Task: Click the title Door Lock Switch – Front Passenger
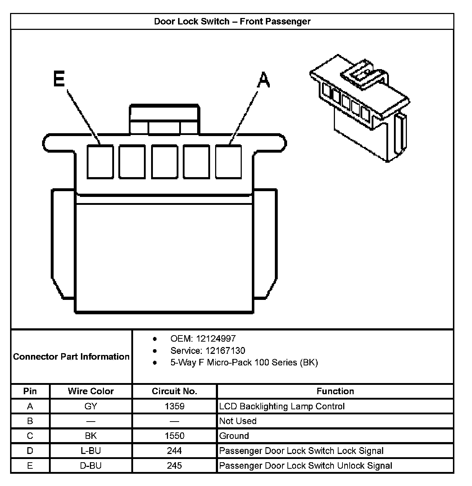(232, 22)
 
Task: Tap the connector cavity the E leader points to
(100, 161)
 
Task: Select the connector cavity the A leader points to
(228, 161)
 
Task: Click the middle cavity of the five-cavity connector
(164, 161)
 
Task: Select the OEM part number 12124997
(215, 339)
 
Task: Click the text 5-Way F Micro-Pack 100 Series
(244, 363)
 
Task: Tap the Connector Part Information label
(71, 357)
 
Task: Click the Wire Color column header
(91, 391)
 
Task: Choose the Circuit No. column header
(174, 391)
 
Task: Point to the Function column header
(335, 391)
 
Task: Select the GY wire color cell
(91, 406)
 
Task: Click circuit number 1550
(174, 436)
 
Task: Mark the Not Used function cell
(238, 421)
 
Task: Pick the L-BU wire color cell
(91, 451)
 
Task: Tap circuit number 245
(174, 466)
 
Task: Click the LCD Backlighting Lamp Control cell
(282, 406)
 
